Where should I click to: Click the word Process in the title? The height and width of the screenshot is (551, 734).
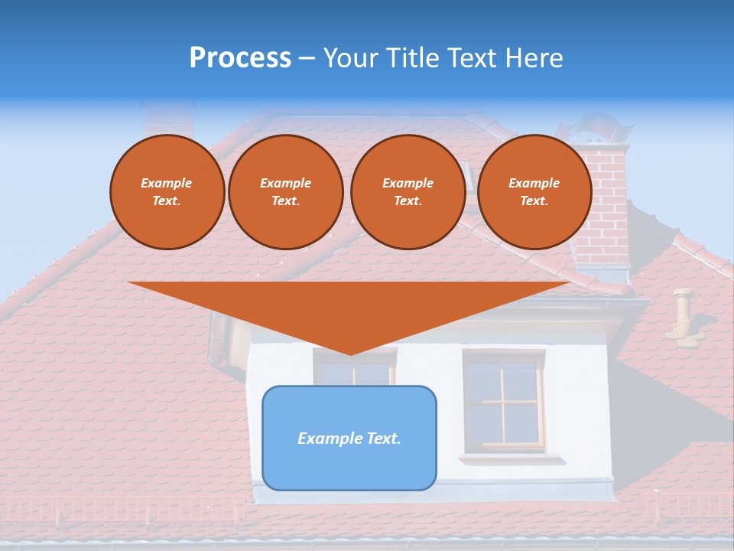pyautogui.click(x=240, y=58)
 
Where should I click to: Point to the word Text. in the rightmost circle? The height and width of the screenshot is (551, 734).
pyautogui.click(x=534, y=201)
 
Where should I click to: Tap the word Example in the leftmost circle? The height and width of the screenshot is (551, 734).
pyautogui.click(x=167, y=183)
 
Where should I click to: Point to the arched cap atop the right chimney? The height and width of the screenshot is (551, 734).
pyautogui.click(x=604, y=127)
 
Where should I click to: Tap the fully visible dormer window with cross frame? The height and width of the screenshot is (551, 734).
pyautogui.click(x=504, y=400)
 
